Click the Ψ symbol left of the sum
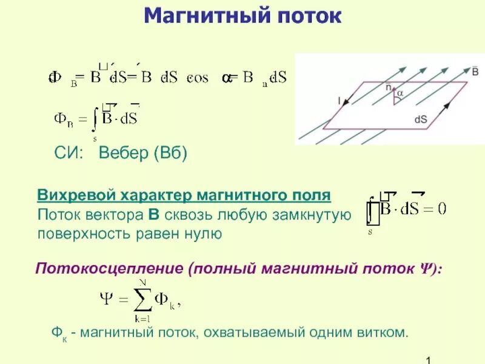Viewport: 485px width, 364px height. pyautogui.click(x=105, y=299)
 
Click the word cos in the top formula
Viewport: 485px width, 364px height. pyautogui.click(x=198, y=78)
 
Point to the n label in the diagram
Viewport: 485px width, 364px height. pyautogui.click(x=389, y=87)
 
